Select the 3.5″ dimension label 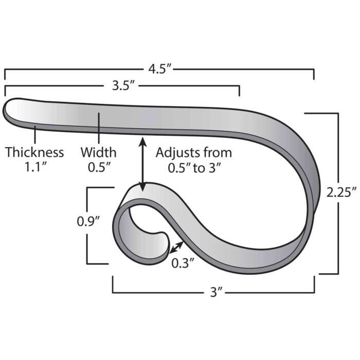point(123,86)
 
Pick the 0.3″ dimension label point(183,263)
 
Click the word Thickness point(34,153)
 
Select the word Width point(99,153)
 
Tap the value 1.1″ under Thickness point(34,168)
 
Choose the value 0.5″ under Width point(98,168)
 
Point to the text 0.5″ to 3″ point(193,168)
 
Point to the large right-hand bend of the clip point(303,170)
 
